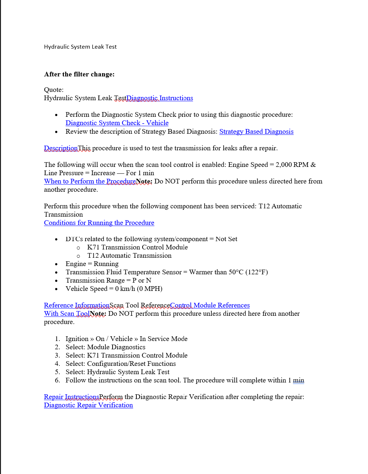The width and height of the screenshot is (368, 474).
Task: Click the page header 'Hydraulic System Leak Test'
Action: (x=80, y=47)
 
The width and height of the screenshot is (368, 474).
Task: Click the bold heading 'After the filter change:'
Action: (x=79, y=74)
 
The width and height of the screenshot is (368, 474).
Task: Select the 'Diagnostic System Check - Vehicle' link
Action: (x=117, y=123)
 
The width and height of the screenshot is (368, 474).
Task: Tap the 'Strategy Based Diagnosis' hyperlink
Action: (x=256, y=132)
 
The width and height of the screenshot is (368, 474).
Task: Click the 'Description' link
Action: (x=61, y=148)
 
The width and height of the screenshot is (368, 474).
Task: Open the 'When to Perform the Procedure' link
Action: (x=90, y=181)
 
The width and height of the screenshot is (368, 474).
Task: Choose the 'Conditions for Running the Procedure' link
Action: (x=99, y=223)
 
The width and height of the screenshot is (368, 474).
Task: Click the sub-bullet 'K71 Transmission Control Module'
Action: (x=137, y=247)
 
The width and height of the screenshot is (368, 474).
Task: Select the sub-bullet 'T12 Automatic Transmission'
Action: (x=129, y=256)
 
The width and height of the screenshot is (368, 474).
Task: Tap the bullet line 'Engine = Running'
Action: (x=92, y=264)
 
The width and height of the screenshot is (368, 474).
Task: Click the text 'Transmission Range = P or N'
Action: (x=108, y=280)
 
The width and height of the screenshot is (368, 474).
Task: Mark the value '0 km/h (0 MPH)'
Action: (x=139, y=289)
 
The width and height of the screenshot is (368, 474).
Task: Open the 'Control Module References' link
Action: (x=210, y=305)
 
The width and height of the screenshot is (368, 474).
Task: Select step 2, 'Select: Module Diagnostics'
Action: (x=105, y=347)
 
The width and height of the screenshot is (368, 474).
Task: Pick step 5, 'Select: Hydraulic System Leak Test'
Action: (x=117, y=372)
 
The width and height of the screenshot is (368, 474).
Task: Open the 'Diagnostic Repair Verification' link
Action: (x=88, y=405)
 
